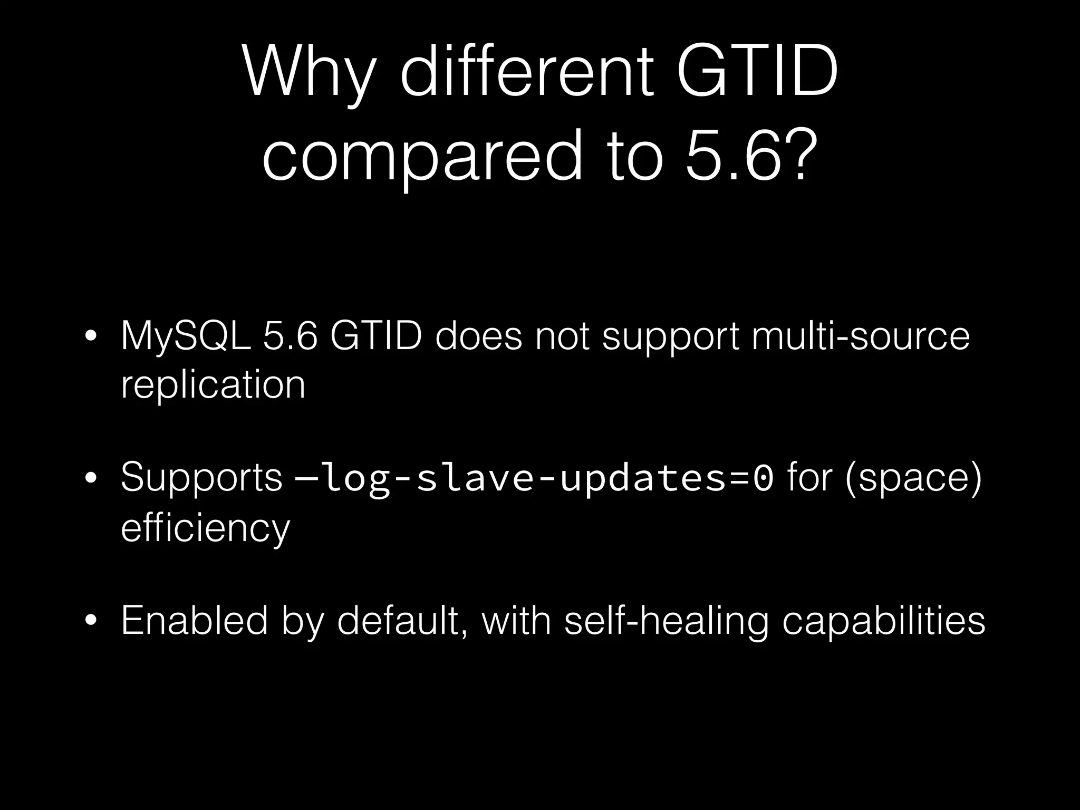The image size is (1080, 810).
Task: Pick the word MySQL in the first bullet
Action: tap(185, 336)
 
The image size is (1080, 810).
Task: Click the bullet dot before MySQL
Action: tap(91, 336)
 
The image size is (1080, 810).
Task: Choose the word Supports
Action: tap(201, 478)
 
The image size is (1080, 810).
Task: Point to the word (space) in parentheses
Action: tap(913, 478)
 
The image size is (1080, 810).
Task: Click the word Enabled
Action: tap(194, 620)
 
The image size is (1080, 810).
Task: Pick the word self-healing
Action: tap(666, 621)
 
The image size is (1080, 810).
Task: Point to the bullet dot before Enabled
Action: tap(91, 621)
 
